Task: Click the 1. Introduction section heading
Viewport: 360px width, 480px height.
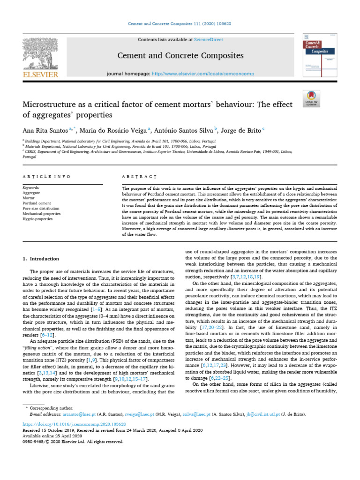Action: (41, 259)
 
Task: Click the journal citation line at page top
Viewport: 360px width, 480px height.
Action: (180, 23)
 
